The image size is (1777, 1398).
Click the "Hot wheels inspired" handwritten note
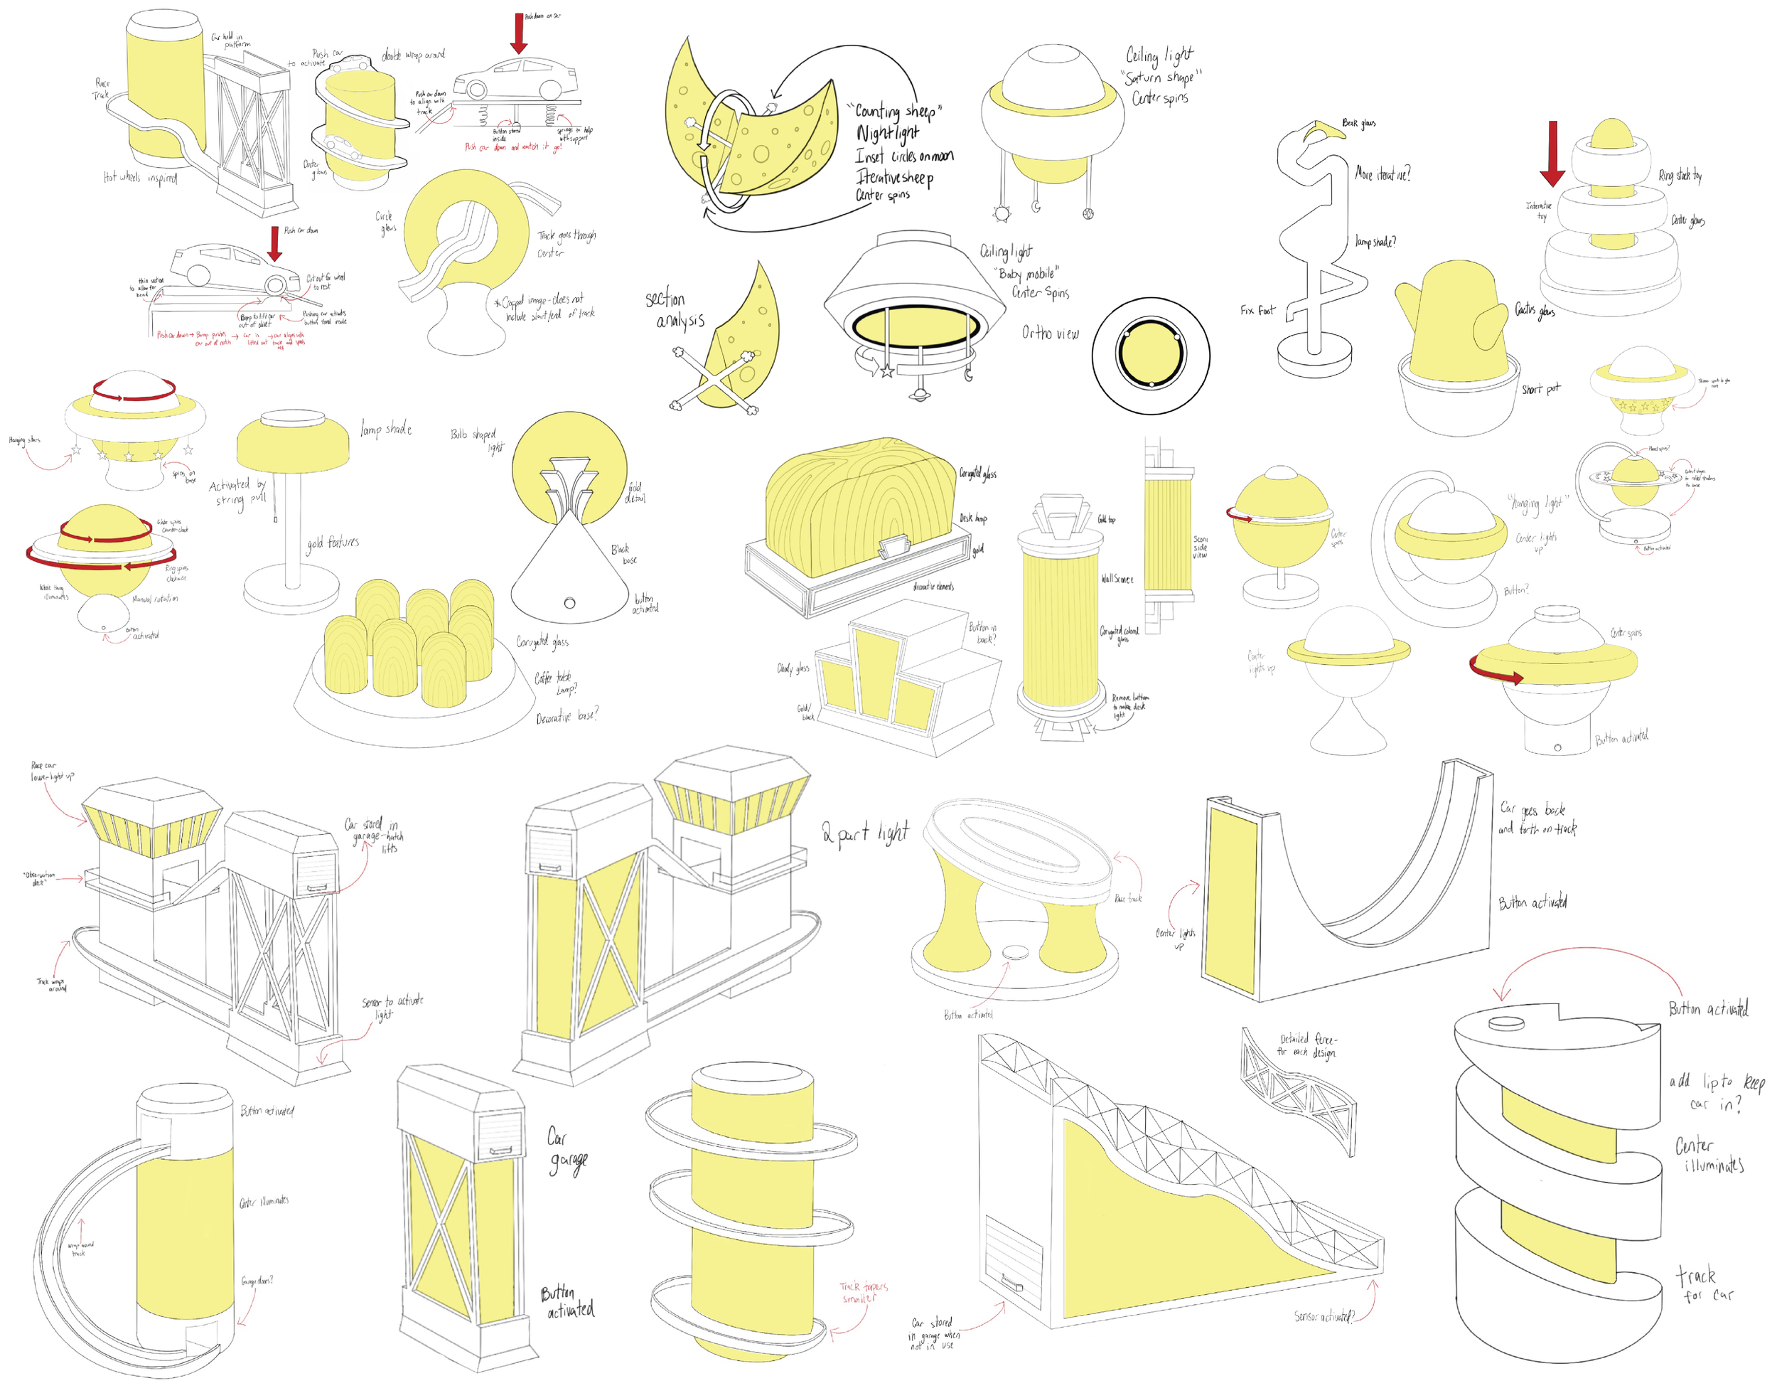coord(140,177)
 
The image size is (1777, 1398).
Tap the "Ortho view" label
coord(1050,333)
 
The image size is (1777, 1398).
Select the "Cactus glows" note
coord(1534,309)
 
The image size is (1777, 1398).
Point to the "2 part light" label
coord(866,833)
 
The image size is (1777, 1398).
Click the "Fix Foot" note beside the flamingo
coord(1257,310)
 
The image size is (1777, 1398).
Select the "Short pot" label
coord(1540,389)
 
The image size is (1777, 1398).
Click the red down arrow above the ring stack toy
coord(1552,152)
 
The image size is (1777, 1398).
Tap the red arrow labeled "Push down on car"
coord(518,33)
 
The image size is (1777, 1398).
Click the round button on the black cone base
coord(569,603)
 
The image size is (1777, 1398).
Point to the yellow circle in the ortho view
coord(1150,356)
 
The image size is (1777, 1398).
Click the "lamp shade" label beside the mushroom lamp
coord(385,428)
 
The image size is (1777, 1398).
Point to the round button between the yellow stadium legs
coord(1015,952)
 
